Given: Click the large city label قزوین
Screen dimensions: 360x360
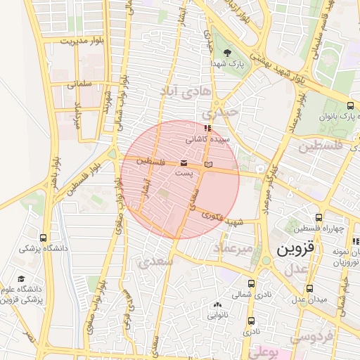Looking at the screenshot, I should [299, 249].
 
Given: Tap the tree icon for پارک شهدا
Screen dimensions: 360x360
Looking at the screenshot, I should [227, 53].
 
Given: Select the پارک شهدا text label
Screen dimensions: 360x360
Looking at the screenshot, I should [227, 63].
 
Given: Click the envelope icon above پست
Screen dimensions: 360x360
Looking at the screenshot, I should [184, 164].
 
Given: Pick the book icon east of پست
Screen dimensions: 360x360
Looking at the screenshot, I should [207, 165].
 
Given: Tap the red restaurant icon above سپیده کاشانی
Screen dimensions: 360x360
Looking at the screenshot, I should [207, 129].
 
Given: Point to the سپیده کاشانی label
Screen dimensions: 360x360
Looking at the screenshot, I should [207, 140].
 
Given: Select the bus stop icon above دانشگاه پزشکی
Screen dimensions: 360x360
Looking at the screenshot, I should [44, 238].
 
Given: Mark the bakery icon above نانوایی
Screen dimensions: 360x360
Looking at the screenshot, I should [217, 305].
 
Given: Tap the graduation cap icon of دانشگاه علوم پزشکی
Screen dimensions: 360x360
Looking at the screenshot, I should [21, 279].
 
